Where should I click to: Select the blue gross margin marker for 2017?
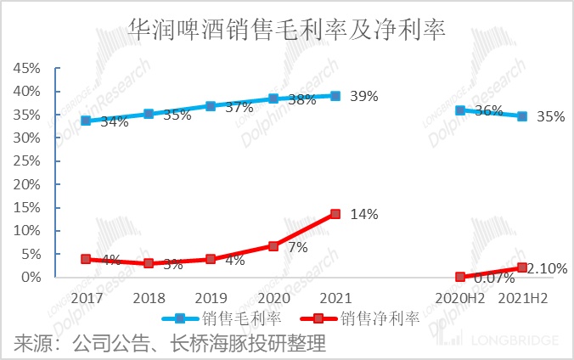coord(86,121)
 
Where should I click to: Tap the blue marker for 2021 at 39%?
coord(335,96)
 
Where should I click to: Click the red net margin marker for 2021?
coord(335,214)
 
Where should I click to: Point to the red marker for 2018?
coord(149,263)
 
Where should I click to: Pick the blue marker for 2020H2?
coord(460,110)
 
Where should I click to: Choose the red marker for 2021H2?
coord(522,267)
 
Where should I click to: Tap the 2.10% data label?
coord(548,268)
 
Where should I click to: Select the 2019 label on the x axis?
coord(211,298)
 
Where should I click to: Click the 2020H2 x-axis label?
coord(460,298)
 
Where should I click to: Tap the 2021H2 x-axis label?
coord(522,298)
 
